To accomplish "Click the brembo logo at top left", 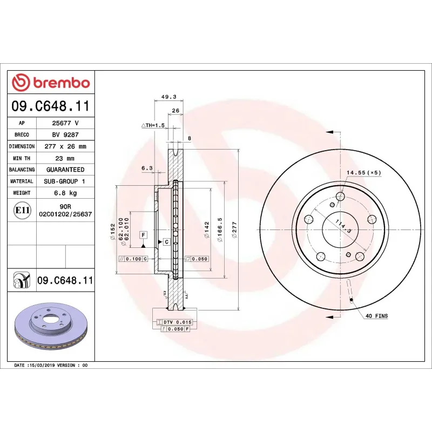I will [51, 83].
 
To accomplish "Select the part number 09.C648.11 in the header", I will [51, 106].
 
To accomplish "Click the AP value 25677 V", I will [65, 123].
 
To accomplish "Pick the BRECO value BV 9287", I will [65, 134].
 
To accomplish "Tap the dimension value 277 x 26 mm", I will [65, 146].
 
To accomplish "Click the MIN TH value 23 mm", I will [65, 158].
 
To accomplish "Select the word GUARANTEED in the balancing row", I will [65, 170].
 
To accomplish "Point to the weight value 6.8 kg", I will [65, 193].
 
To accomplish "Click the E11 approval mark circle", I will [22, 210].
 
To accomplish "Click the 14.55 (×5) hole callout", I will [363, 172].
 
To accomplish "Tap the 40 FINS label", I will [376, 316].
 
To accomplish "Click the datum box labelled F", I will [144, 235].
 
